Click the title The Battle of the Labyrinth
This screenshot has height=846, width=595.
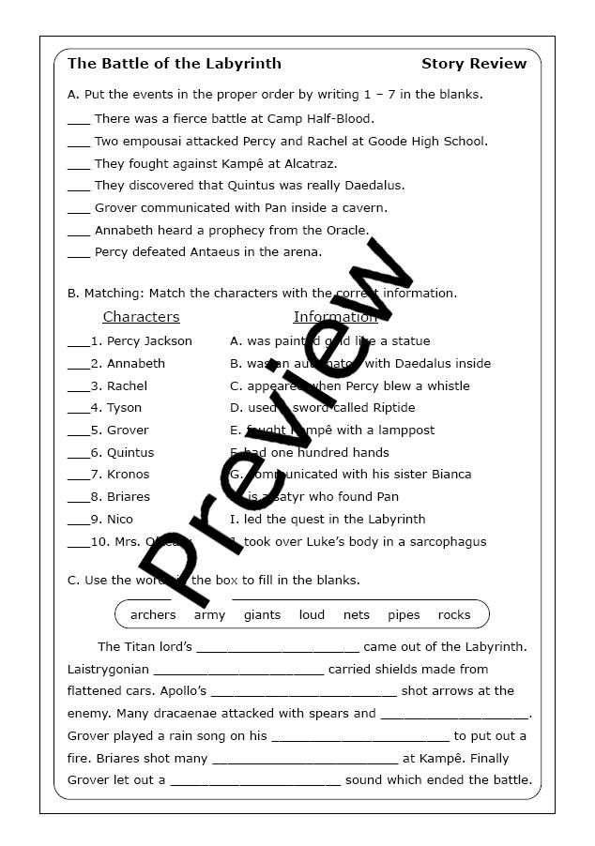[x=175, y=64]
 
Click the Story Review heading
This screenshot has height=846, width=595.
[x=474, y=64]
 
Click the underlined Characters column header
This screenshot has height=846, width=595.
[x=141, y=317]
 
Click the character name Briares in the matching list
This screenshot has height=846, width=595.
[x=129, y=497]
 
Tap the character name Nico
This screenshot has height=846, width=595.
[x=120, y=520]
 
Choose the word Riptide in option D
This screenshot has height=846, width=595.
[x=389, y=408]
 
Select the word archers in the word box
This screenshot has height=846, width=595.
[x=153, y=615]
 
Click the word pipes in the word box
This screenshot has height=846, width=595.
[x=404, y=615]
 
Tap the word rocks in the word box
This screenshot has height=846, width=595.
[x=454, y=615]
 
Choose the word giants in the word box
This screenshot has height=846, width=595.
[x=262, y=615]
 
